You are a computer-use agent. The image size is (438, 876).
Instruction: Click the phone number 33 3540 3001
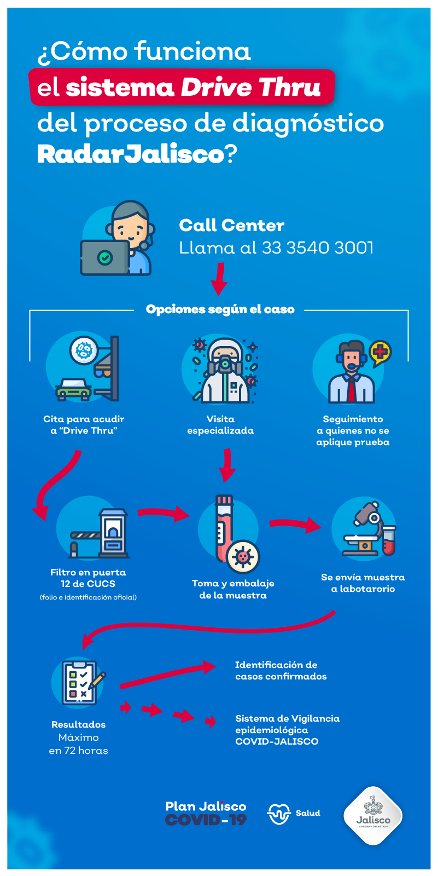coord(318,247)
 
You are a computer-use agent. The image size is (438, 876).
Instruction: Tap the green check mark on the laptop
coord(104,257)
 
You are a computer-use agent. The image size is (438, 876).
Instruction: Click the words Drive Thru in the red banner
coord(250,87)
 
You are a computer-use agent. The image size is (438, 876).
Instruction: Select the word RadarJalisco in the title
coord(131,154)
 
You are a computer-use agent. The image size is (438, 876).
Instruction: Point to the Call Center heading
coord(232,225)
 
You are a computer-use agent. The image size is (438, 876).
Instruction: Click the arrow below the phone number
coord(219,279)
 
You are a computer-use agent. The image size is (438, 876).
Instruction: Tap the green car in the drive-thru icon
coord(73,389)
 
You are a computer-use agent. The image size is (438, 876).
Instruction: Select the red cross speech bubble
coord(380,353)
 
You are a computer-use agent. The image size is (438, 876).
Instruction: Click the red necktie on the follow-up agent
coord(352,390)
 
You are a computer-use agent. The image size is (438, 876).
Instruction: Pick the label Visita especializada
coord(220,425)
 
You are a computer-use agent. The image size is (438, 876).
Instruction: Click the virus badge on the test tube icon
coord(243,556)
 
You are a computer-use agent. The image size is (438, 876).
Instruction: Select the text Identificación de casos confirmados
coord(281,670)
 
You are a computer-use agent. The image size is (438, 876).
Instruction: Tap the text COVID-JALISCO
coord(277,741)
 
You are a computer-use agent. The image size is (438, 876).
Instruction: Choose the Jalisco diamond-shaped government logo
coord(373,815)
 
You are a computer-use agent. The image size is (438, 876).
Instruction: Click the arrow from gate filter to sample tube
coord(163,512)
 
